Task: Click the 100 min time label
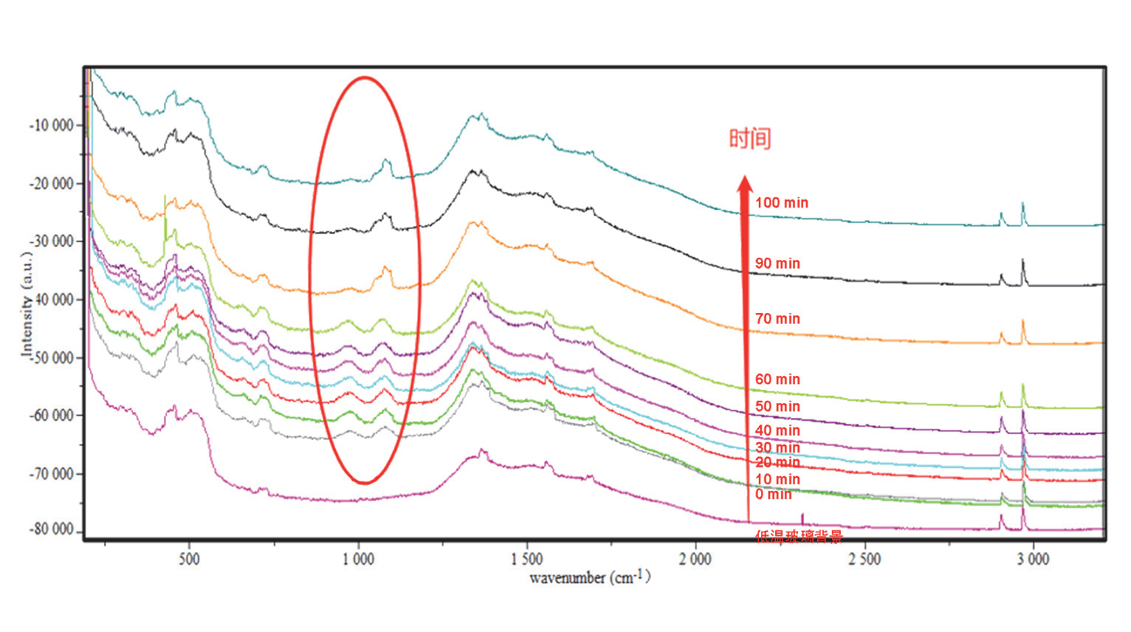781,203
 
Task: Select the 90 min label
777,264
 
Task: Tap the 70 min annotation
777,319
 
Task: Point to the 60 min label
777,379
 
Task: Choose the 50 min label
777,407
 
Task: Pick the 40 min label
777,430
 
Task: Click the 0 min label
773,495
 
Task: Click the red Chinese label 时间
750,139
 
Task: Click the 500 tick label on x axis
189,559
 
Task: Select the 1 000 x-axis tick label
358,559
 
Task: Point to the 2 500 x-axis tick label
864,559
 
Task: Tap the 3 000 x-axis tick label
1032,559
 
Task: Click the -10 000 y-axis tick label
52,126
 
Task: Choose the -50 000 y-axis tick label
52,358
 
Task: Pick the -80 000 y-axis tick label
52,530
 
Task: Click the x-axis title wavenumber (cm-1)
590,577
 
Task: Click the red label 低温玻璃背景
798,537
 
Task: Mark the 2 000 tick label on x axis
695,559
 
